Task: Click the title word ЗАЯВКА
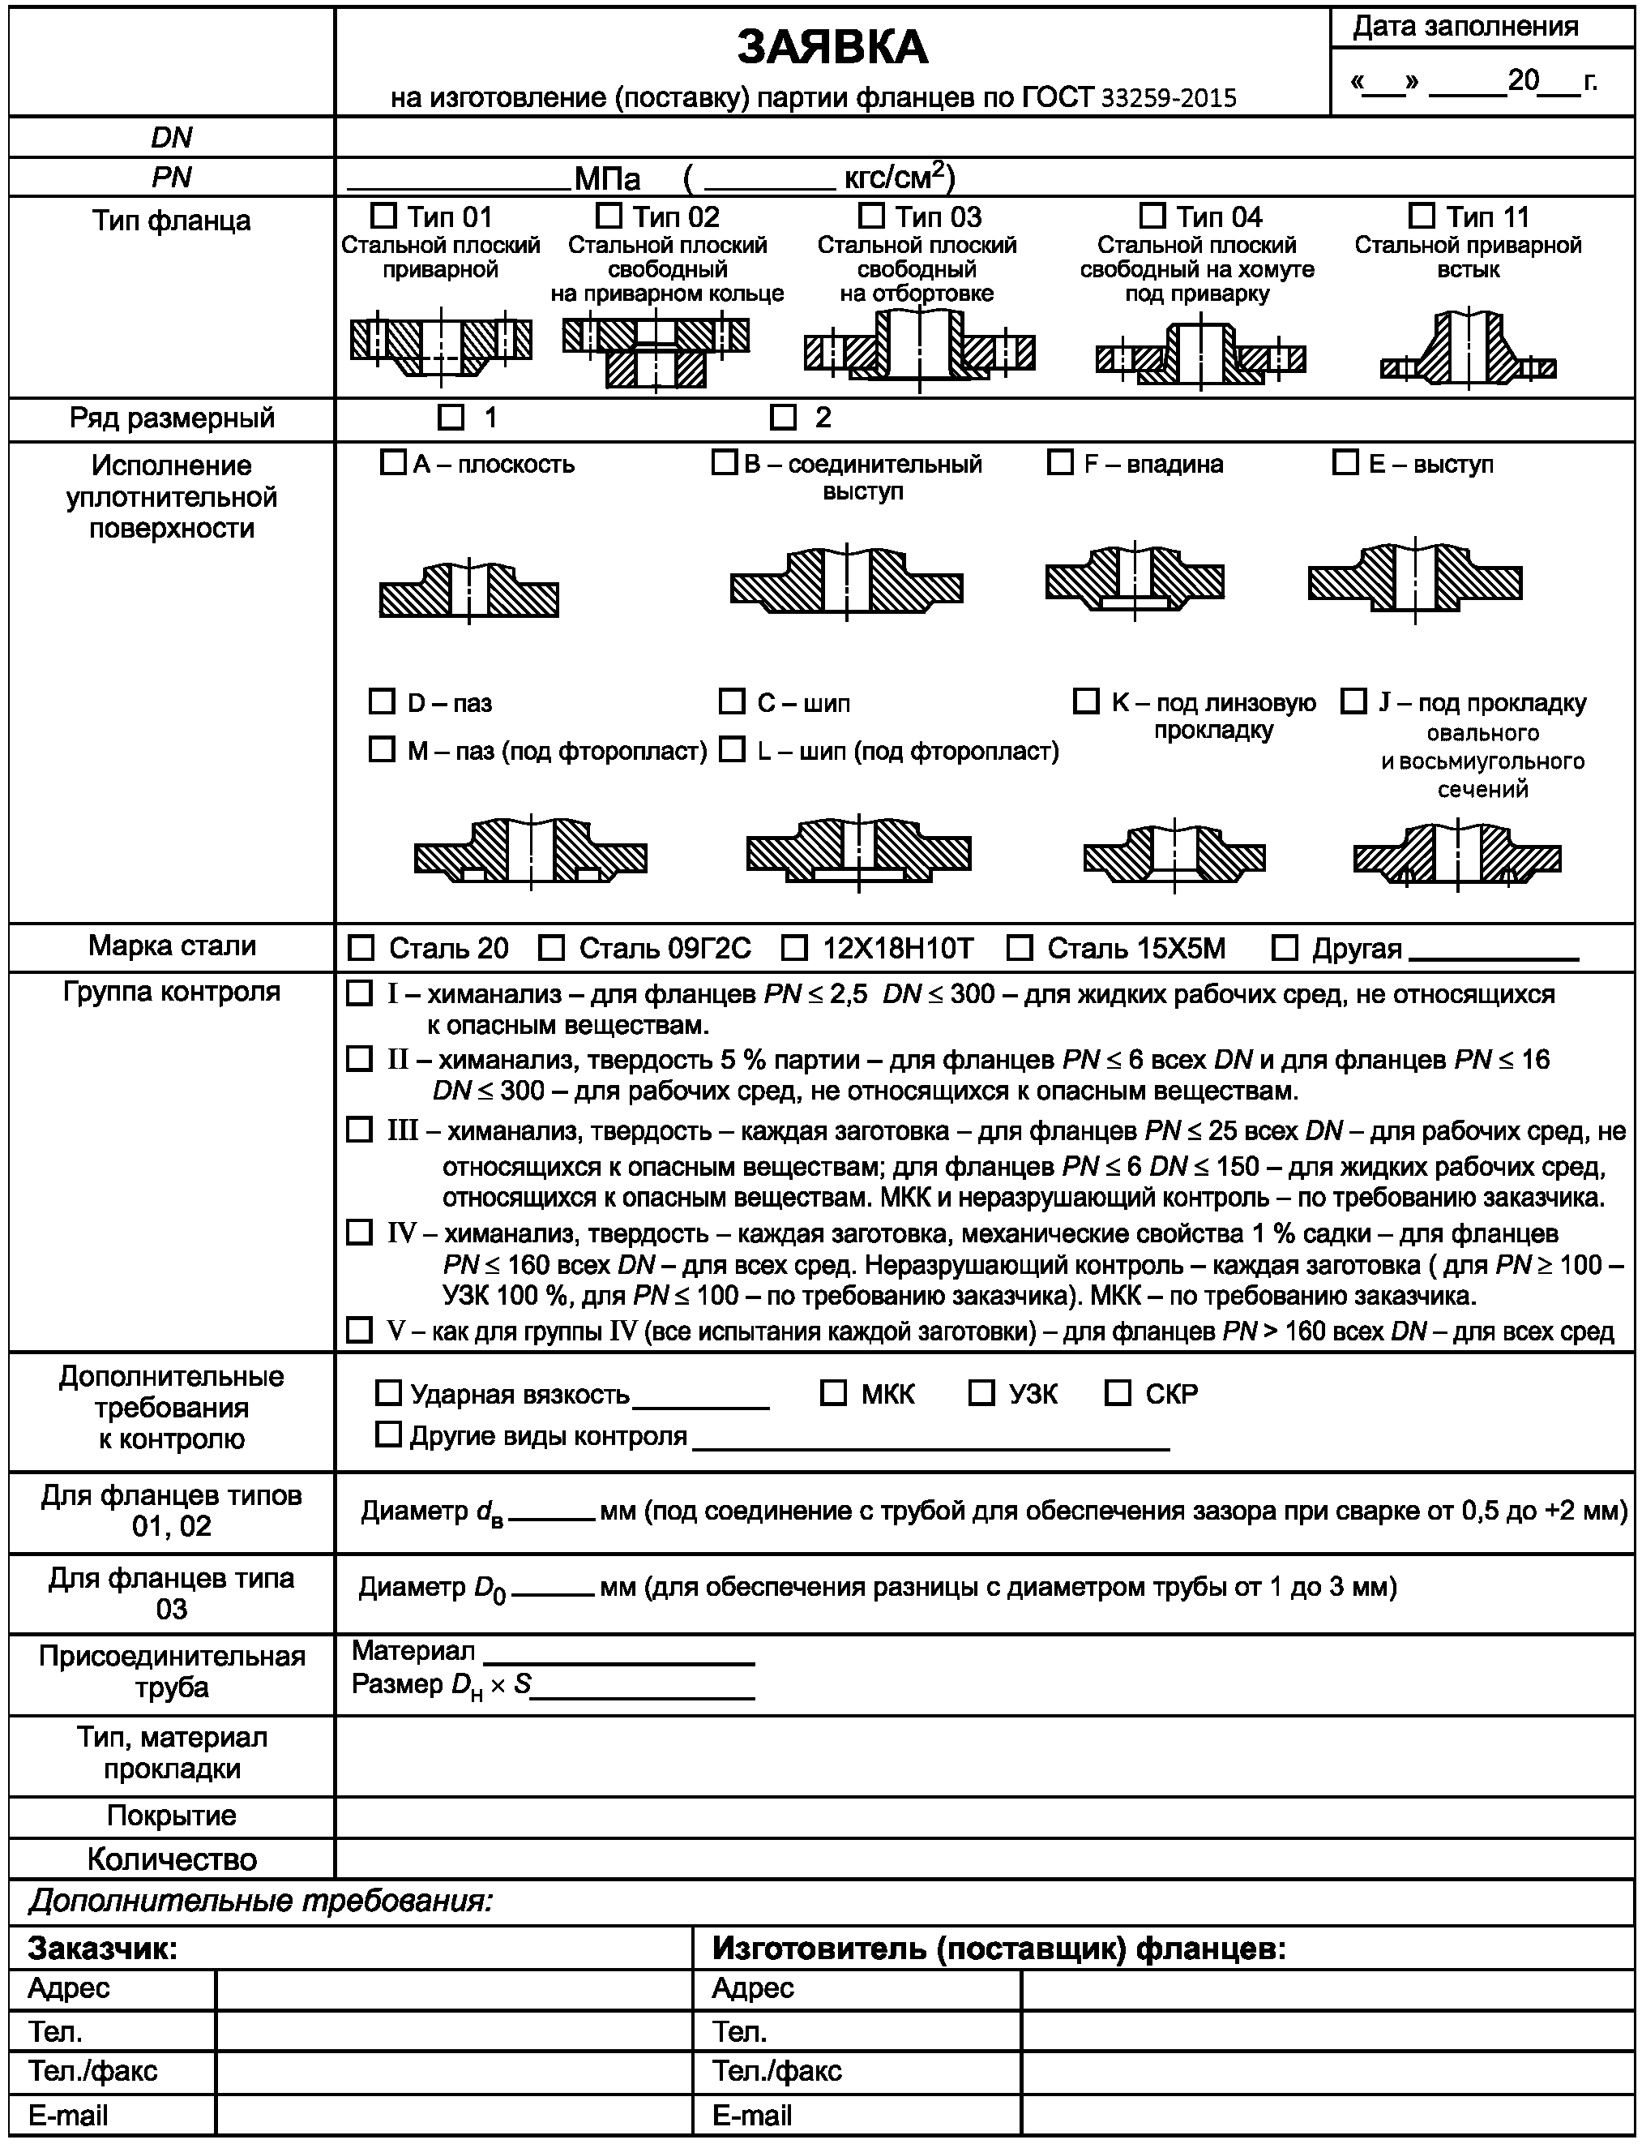tap(832, 47)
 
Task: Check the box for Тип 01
tap(384, 215)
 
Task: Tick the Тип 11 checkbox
tap(1422, 215)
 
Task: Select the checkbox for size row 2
tap(783, 418)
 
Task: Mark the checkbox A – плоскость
tap(392, 462)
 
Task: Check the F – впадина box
tap(1059, 462)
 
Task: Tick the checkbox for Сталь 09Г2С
tap(552, 947)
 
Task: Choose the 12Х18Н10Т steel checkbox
tap(794, 947)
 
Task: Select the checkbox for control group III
tap(360, 1130)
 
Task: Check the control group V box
tap(360, 1330)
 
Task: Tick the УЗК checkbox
tap(981, 1393)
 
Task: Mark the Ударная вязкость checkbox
tap(389, 1393)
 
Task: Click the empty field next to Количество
tap(983, 1859)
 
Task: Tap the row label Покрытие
tap(172, 1816)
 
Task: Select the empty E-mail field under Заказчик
tap(454, 2116)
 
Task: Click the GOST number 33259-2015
tap(1169, 98)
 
